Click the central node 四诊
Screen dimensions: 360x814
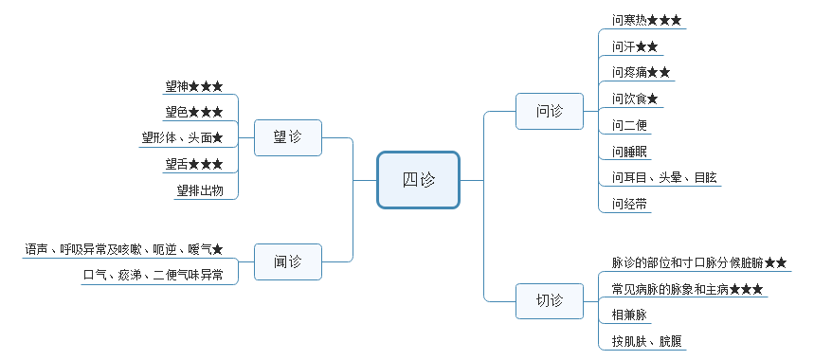[418, 180]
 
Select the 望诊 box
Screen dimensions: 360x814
[287, 137]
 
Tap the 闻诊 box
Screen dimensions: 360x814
[287, 261]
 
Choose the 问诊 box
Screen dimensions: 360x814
[549, 111]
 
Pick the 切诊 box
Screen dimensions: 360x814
[549, 300]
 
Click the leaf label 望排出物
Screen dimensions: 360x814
[199, 190]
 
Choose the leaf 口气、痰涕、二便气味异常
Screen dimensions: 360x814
[153, 275]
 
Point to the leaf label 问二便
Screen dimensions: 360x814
[629, 125]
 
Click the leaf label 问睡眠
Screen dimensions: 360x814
[629, 151]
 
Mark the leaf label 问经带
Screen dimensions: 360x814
[629, 204]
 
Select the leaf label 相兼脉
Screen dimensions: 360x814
[629, 315]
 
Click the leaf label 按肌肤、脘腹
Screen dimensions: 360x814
[647, 341]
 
